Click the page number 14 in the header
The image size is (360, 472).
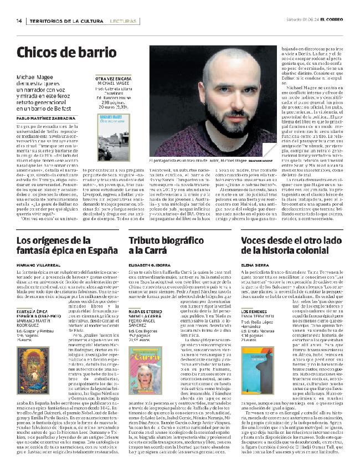pos(19,20)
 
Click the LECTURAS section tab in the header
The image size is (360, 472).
pos(120,20)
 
